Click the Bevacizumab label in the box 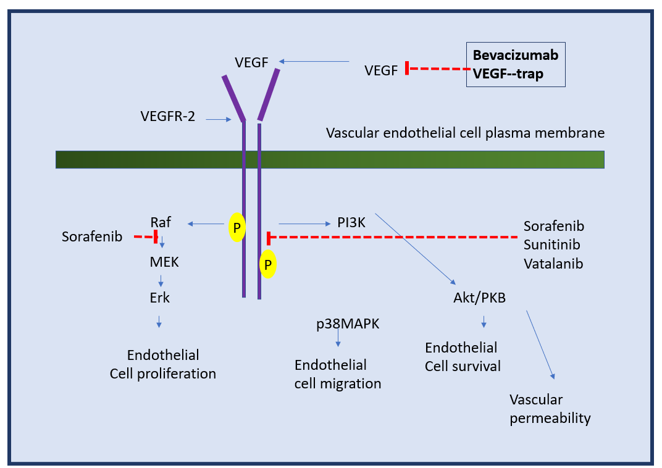[x=516, y=56]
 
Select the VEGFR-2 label [x=168, y=116]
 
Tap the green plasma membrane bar [x=330, y=159]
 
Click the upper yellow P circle [x=237, y=227]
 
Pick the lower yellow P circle [x=267, y=264]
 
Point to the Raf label [x=161, y=222]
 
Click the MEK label [x=164, y=262]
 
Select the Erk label [x=159, y=298]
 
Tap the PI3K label [x=351, y=222]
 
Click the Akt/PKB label [x=480, y=298]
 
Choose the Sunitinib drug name [x=552, y=244]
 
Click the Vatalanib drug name [x=553, y=264]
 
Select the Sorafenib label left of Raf [x=92, y=236]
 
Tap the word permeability [x=550, y=418]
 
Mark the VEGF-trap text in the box [x=508, y=74]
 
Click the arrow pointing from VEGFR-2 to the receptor [x=219, y=119]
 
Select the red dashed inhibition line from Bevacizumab [x=438, y=69]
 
